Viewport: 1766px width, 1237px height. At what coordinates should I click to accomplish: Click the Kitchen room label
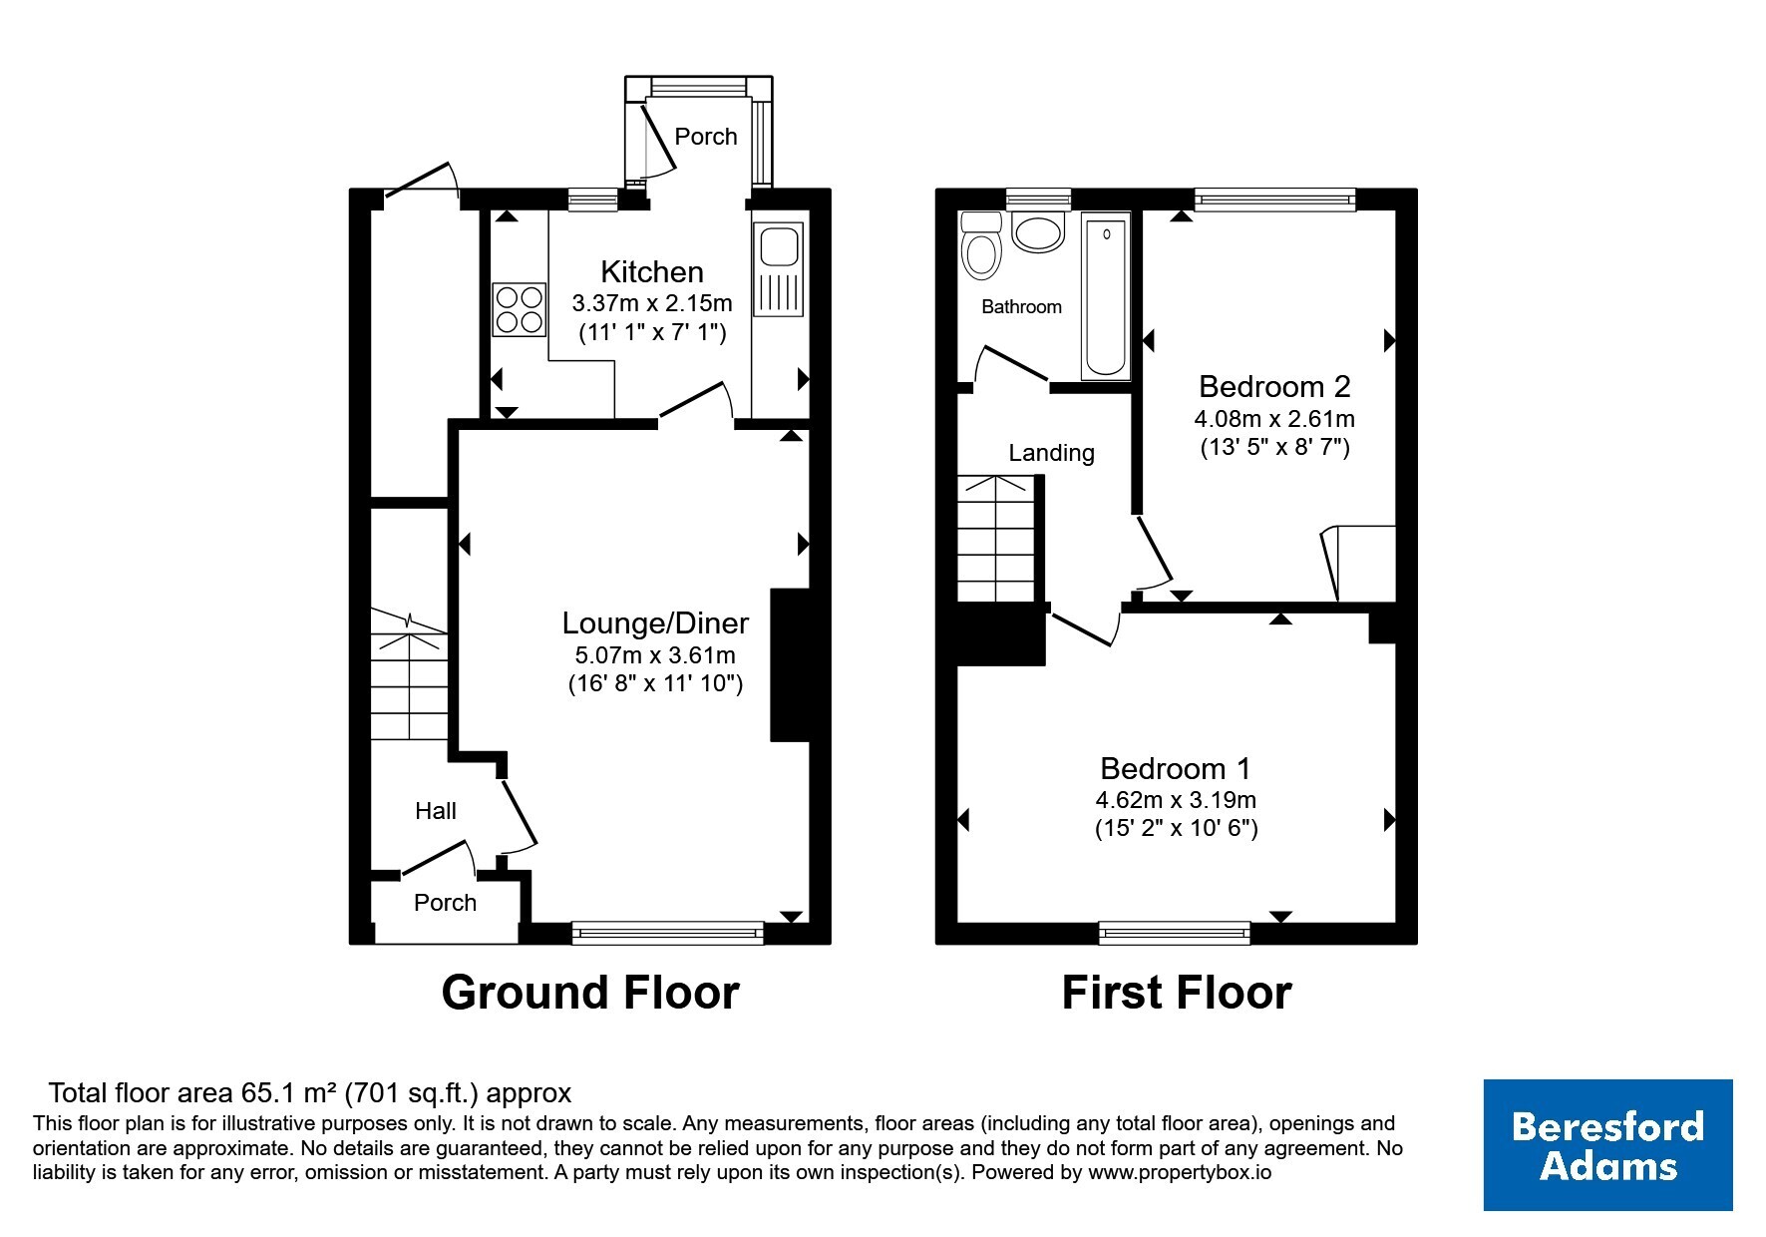pyautogui.click(x=652, y=271)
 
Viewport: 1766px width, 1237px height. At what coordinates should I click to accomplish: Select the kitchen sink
pyautogui.click(x=779, y=268)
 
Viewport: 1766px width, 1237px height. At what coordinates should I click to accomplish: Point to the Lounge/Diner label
pyautogui.click(x=655, y=623)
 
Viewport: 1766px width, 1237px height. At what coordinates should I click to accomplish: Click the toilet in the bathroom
pyautogui.click(x=982, y=245)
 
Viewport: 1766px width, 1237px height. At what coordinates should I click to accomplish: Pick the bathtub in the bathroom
pyautogui.click(x=1106, y=299)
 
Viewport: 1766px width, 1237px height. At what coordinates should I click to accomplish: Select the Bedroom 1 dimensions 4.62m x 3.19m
pyautogui.click(x=1176, y=800)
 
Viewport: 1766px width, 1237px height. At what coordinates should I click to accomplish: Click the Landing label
pyautogui.click(x=1051, y=453)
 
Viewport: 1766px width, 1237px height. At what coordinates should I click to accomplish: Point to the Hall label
pyautogui.click(x=436, y=811)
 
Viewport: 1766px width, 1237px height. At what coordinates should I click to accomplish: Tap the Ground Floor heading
pyautogui.click(x=590, y=993)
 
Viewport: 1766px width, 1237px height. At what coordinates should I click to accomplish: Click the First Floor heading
pyautogui.click(x=1177, y=993)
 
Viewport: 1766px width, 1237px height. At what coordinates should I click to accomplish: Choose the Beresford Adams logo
pyautogui.click(x=1607, y=1145)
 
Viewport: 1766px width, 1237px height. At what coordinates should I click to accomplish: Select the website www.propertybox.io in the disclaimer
pyautogui.click(x=1180, y=1173)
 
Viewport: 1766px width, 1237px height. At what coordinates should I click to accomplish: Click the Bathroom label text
pyautogui.click(x=1021, y=307)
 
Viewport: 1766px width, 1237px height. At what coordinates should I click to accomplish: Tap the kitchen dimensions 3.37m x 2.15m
pyautogui.click(x=652, y=303)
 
